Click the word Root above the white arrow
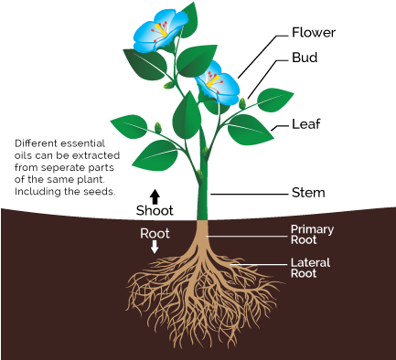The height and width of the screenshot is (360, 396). pos(155,233)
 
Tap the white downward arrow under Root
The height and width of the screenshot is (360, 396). pos(155,247)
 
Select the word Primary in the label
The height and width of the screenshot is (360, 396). pos(312,229)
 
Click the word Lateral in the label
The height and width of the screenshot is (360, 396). pos(310,263)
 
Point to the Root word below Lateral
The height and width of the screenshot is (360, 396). pos(304,273)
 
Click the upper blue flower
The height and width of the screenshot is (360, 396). pos(158,31)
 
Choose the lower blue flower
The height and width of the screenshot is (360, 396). pos(219,85)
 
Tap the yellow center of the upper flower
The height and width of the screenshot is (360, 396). pos(161,31)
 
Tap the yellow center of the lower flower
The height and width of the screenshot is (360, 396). pos(215,82)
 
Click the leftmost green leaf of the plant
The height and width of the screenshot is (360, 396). pos(129,124)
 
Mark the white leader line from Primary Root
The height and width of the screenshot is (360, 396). pos(247,235)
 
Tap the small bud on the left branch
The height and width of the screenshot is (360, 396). pos(158,127)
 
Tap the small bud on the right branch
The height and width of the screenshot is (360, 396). pos(242,104)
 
